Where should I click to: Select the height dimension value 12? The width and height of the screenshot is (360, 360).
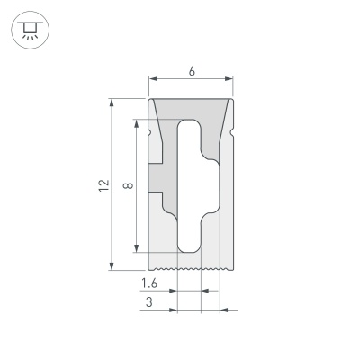click(104, 184)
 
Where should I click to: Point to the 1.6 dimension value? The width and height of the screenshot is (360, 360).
click(151, 283)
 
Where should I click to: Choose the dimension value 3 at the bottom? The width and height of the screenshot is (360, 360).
click(148, 304)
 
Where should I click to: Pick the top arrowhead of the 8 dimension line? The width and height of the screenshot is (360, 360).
click(136, 123)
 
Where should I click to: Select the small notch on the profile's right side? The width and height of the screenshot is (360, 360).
click(233, 135)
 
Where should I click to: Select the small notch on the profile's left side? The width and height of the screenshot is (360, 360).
click(149, 135)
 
